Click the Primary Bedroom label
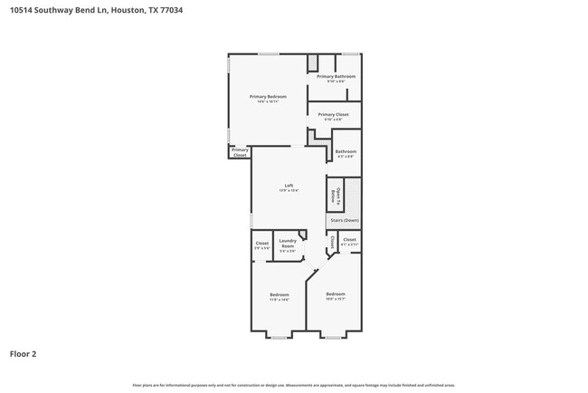click(268, 97)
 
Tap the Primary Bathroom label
click(336, 78)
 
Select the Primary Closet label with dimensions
click(333, 116)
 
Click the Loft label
click(289, 187)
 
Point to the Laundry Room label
click(287, 245)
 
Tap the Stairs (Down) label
click(344, 220)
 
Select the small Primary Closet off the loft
click(239, 153)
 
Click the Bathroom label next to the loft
click(346, 153)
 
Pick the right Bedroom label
click(335, 294)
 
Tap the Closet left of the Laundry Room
click(261, 244)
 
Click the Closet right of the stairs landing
click(349, 241)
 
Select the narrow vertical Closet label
click(332, 242)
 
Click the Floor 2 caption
click(23, 354)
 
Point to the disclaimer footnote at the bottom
click(294, 385)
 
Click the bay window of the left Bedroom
click(279, 337)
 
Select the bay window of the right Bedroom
click(333, 337)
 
